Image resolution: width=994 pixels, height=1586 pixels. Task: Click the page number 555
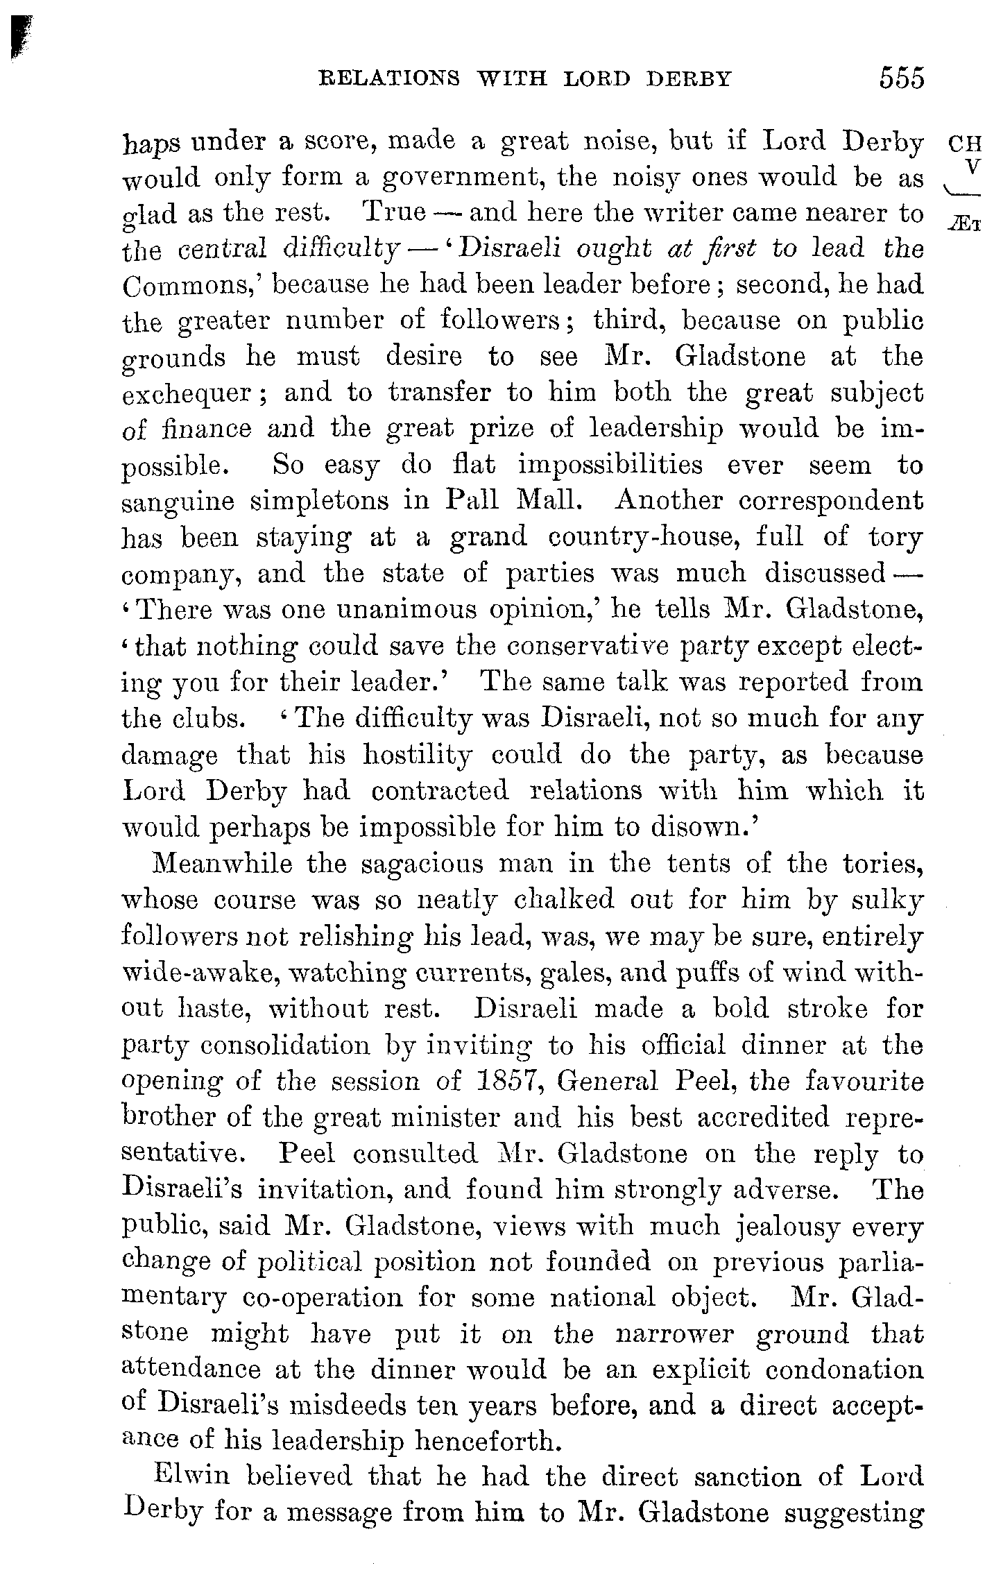901,78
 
